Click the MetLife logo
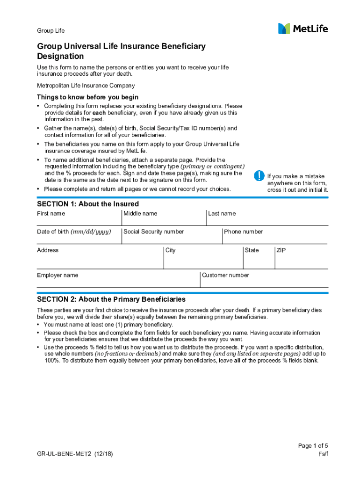point(303,29)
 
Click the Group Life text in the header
point(51,31)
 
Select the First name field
point(79,218)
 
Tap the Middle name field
point(164,218)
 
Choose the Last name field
point(267,218)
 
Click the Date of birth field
point(79,237)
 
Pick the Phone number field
point(275,237)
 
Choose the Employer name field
point(118,280)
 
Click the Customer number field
point(264,280)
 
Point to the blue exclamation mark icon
point(259,176)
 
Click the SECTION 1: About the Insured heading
point(88,204)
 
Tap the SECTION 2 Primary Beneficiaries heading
point(111,299)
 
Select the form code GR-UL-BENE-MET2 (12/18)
point(75,454)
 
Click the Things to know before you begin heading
point(87,97)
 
